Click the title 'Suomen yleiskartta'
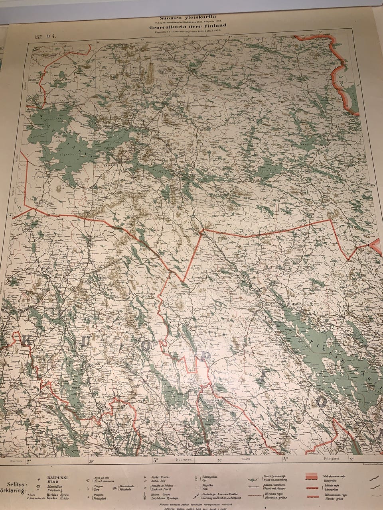click(188, 18)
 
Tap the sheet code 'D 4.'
click(51, 37)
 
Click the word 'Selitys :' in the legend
click(14, 485)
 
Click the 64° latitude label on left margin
click(10, 215)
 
